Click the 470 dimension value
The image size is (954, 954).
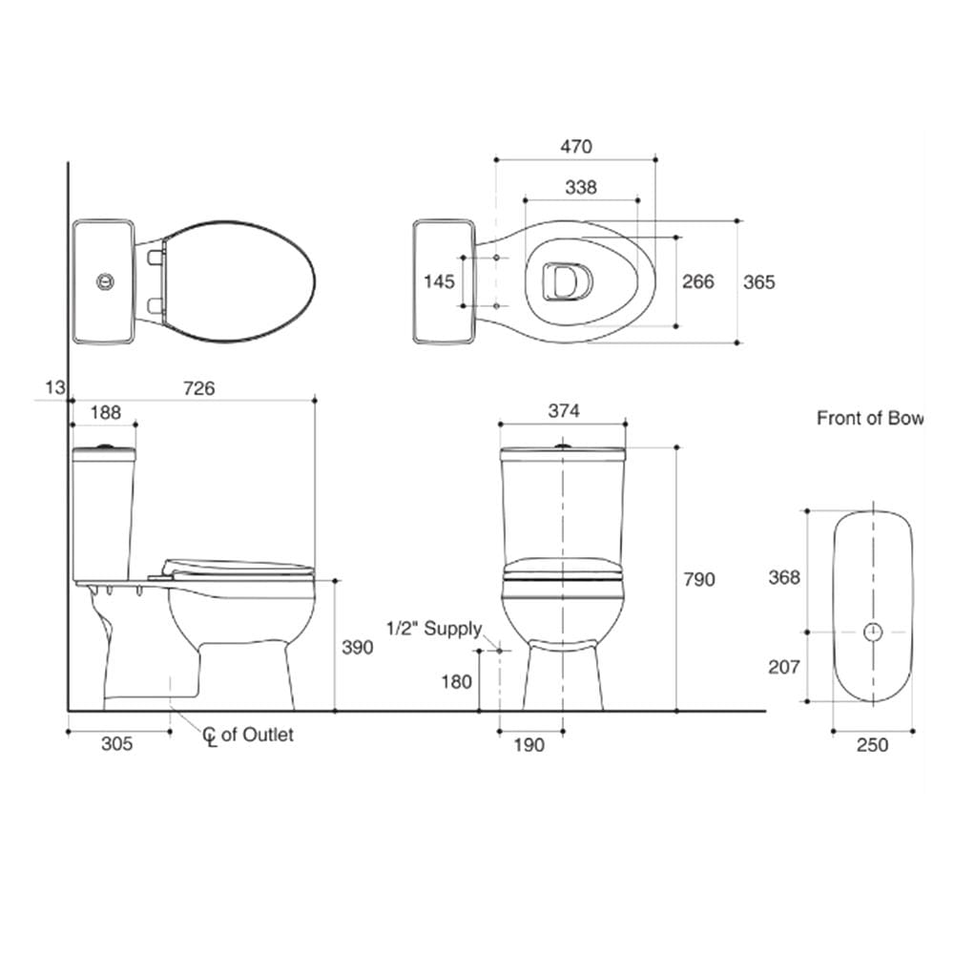pyautogui.click(x=575, y=147)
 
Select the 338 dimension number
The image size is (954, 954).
pyautogui.click(x=581, y=187)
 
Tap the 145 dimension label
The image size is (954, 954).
pyautogui.click(x=439, y=281)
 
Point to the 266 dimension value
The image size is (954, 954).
pyautogui.click(x=698, y=281)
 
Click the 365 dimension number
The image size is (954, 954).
pyautogui.click(x=758, y=282)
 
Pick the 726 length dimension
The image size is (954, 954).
pyautogui.click(x=199, y=388)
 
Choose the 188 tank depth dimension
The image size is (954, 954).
pyautogui.click(x=105, y=412)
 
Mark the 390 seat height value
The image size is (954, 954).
pyautogui.click(x=357, y=648)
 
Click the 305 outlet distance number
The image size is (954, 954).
pyautogui.click(x=116, y=743)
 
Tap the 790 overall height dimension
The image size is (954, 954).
pyautogui.click(x=699, y=579)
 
